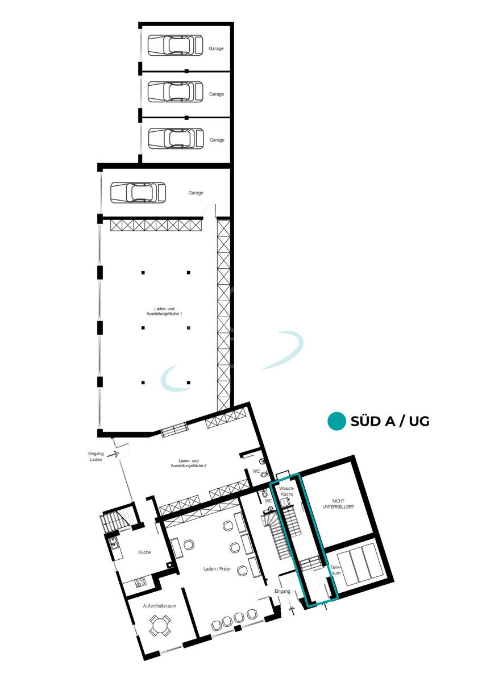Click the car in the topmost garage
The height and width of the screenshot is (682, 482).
click(176, 45)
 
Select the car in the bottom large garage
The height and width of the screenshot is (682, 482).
click(138, 193)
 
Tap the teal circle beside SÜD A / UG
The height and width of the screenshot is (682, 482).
click(336, 421)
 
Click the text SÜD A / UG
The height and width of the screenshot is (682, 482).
click(390, 421)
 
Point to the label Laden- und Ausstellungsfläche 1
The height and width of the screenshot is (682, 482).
click(164, 311)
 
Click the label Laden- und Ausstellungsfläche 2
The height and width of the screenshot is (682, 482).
click(189, 463)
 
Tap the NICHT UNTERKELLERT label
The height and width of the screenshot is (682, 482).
click(338, 504)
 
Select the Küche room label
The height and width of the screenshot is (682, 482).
click(144, 552)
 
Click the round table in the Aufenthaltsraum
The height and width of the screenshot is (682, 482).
click(160, 626)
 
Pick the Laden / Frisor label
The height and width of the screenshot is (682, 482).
click(217, 569)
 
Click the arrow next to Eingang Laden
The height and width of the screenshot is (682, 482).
click(114, 455)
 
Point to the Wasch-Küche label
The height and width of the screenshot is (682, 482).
click(286, 492)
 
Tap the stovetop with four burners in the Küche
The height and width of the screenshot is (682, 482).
click(140, 582)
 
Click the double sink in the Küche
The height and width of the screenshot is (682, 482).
click(114, 543)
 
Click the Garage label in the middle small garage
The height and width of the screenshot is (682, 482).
click(217, 94)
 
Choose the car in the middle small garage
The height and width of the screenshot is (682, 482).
click(176, 92)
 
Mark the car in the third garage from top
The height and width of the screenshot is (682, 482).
click(176, 139)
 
